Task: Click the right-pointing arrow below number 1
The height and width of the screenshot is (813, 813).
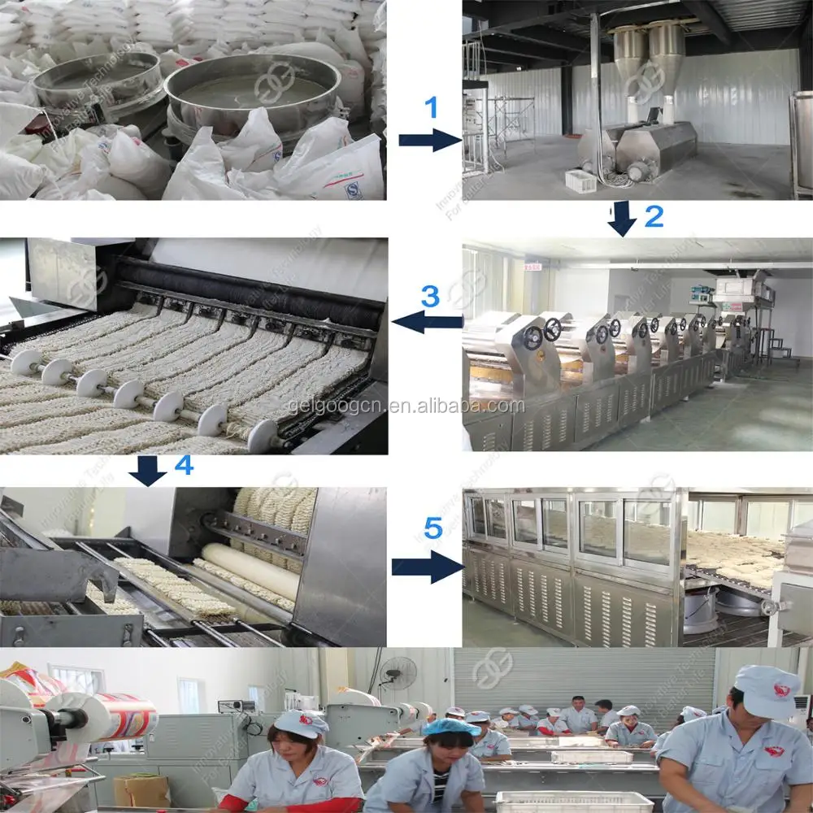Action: pyautogui.click(x=430, y=140)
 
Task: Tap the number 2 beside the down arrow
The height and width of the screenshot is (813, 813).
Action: pyautogui.click(x=654, y=215)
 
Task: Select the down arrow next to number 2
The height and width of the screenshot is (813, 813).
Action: pyautogui.click(x=623, y=218)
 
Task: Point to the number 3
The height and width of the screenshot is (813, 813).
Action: pyautogui.click(x=429, y=297)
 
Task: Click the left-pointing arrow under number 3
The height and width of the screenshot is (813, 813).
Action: pyautogui.click(x=428, y=323)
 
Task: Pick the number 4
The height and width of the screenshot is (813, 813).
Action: pyautogui.click(x=184, y=465)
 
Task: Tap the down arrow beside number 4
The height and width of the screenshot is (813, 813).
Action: pyautogui.click(x=148, y=470)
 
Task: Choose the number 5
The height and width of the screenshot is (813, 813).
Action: pyautogui.click(x=433, y=529)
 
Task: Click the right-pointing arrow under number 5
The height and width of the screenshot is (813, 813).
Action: pyautogui.click(x=427, y=565)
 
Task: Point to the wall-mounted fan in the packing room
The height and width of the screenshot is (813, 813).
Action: pyautogui.click(x=398, y=673)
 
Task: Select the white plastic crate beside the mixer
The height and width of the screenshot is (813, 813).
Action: pyautogui.click(x=580, y=181)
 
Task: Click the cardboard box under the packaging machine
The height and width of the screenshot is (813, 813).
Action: pyautogui.click(x=141, y=789)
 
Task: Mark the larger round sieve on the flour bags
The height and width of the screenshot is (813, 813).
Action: pyautogui.click(x=253, y=89)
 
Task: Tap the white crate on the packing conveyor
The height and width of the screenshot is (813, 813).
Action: pyautogui.click(x=574, y=802)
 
